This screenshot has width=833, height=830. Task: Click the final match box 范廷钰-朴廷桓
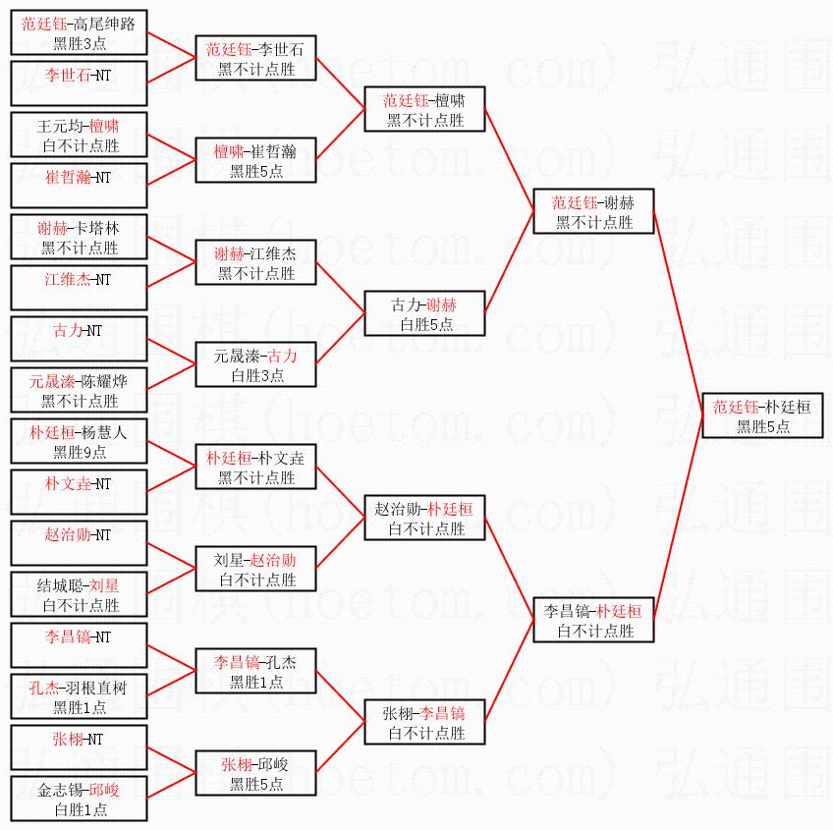(762, 416)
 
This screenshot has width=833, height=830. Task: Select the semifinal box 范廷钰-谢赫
(593, 212)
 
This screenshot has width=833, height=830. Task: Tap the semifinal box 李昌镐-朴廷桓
(593, 621)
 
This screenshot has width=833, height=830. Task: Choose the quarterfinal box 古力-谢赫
(424, 314)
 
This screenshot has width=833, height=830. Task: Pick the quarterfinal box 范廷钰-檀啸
(424, 110)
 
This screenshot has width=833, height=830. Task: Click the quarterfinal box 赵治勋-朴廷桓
(424, 519)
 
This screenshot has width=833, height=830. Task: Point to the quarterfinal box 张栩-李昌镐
(424, 723)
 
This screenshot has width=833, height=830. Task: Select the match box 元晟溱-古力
(255, 365)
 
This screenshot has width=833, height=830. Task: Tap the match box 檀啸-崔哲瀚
(255, 161)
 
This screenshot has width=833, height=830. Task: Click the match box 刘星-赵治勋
(255, 570)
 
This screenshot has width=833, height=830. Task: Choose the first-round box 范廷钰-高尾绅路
(79, 33)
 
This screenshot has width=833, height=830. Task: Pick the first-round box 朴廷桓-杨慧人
(79, 442)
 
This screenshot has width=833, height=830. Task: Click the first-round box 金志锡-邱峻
(79, 800)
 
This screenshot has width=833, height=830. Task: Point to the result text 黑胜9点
(80, 452)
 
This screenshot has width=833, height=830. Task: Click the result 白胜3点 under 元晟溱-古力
(256, 375)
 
